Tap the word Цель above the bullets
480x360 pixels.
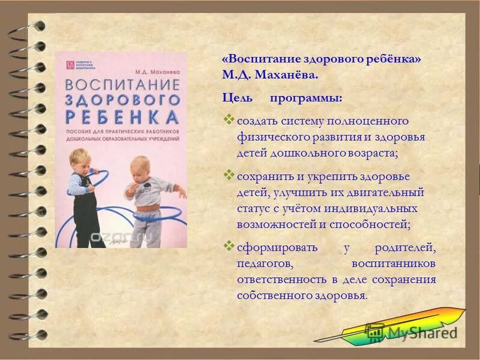pyautogui.click(x=235, y=97)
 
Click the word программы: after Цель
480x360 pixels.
pyautogui.click(x=307, y=97)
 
